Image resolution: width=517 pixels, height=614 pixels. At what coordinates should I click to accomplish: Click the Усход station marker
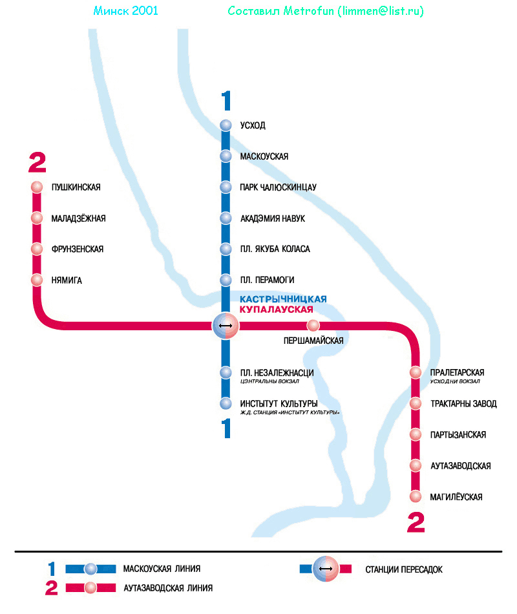pos(226,125)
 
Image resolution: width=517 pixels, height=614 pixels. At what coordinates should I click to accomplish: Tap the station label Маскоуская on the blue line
pos(264,156)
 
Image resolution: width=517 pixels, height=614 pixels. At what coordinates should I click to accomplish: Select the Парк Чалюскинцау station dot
pos(226,187)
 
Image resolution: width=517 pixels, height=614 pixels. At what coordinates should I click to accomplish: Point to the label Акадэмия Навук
pos(272,218)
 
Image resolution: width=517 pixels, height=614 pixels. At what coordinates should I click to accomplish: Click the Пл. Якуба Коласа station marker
pos(226,249)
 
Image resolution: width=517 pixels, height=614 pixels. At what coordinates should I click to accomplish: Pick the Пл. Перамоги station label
pos(267,280)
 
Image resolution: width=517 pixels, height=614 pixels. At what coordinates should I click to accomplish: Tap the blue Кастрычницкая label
pos(283,299)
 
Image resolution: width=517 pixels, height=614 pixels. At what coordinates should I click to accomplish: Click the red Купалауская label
pos(280,310)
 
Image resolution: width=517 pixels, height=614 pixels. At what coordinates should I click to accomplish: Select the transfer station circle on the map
pos(226,326)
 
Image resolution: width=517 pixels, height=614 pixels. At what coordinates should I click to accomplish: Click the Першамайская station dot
pos(313,325)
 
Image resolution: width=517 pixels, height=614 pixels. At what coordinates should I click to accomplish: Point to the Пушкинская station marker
pos(37,187)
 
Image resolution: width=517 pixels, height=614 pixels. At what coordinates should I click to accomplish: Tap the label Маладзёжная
pos(78,218)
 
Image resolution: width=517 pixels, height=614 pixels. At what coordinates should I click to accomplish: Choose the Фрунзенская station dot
pos(37,249)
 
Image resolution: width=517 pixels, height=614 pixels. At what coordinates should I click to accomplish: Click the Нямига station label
pos(67,280)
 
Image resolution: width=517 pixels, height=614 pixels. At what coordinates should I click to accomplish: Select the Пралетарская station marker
pos(416,373)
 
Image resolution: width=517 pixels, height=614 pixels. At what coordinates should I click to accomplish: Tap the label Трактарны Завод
pos(463,404)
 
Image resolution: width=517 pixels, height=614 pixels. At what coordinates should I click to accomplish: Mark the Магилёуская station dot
pos(416,497)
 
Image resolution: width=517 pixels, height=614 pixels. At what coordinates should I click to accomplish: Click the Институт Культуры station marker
pos(226,404)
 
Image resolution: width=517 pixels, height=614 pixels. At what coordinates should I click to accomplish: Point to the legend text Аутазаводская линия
pos(167,588)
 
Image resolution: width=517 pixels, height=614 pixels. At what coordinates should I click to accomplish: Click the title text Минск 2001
pos(125,11)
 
